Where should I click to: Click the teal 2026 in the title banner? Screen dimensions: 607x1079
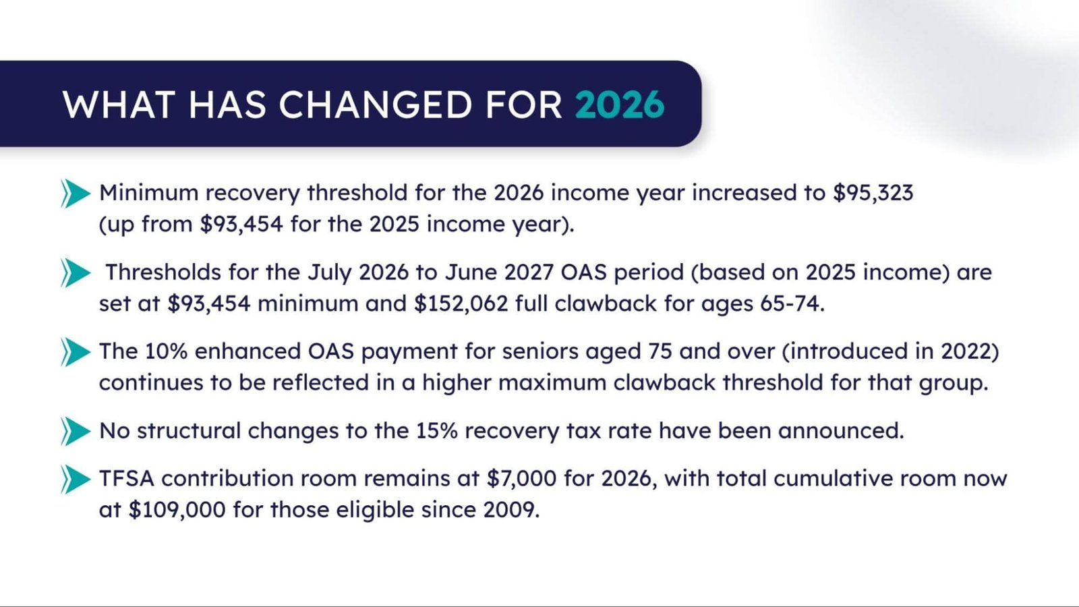coord(619,105)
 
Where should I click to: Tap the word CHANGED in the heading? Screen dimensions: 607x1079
coord(376,105)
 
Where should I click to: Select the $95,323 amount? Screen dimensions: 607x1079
coord(873,193)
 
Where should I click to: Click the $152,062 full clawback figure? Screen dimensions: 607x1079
coord(461,303)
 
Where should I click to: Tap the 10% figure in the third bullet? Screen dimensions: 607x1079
coord(166,351)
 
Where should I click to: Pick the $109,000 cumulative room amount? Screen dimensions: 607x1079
coord(177,509)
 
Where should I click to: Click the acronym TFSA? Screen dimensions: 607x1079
coord(127,478)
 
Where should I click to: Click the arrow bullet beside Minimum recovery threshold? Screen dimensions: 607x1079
coord(75,194)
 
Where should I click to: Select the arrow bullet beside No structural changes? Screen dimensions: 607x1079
coord(75,432)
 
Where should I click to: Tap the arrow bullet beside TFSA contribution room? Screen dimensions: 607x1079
coord(75,480)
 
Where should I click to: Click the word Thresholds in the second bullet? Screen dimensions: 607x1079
coord(163,272)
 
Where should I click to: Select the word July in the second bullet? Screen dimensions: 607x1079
coord(330,272)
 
